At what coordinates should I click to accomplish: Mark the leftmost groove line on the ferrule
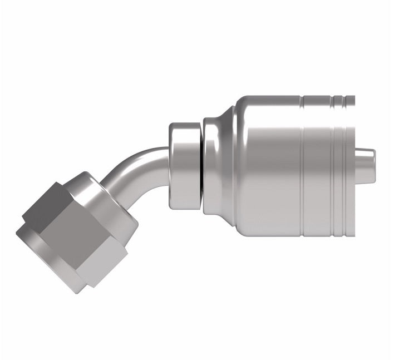tap(302, 167)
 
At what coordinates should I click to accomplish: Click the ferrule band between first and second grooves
tap(317, 167)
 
